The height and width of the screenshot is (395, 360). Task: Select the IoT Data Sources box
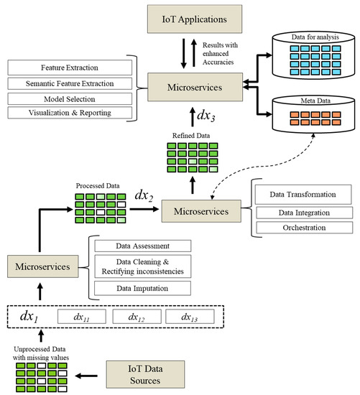[147, 374]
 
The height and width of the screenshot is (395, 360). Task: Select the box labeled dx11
[79, 317]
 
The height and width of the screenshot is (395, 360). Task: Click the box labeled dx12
[135, 317]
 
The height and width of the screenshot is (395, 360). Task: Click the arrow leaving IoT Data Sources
[90, 374]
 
